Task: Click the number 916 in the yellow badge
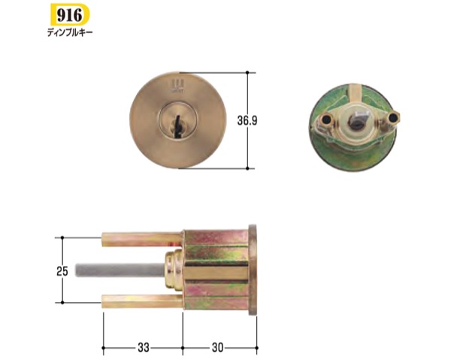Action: [x=69, y=15]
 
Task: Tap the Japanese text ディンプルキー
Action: [x=70, y=33]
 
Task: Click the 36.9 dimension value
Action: [x=247, y=120]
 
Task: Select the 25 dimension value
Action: [x=62, y=271]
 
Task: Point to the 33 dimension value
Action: [x=144, y=348]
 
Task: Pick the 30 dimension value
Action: [x=217, y=348]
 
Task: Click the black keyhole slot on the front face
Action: [x=177, y=127]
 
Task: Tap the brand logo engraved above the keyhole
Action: [x=175, y=86]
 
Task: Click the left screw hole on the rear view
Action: [x=326, y=118]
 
